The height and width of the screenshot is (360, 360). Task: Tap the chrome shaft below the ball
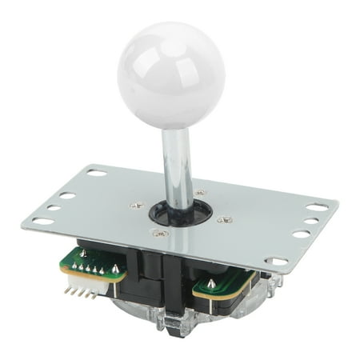pos(176,164)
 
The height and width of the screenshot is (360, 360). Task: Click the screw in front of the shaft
pos(160,233)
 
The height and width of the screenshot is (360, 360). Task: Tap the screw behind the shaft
pos(199,193)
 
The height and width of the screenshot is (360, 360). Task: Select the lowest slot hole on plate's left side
pos(44,220)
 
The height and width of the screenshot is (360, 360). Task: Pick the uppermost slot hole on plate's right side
pos(317,206)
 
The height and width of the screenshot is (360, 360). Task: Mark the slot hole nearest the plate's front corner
pos(276,261)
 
